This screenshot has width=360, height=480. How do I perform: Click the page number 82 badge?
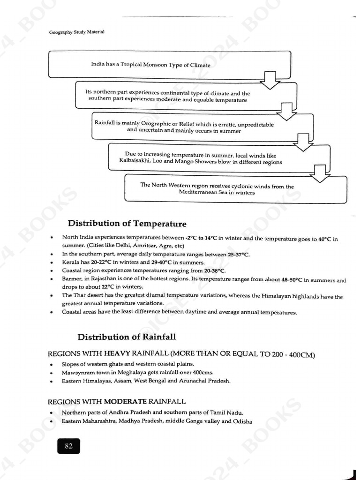click(x=68, y=446)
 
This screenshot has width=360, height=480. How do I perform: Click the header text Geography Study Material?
click(x=76, y=32)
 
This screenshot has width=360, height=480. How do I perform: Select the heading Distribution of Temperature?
click(x=127, y=224)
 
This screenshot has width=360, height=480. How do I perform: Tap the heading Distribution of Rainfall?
click(x=127, y=337)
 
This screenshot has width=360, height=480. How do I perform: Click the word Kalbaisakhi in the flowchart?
click(x=136, y=162)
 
